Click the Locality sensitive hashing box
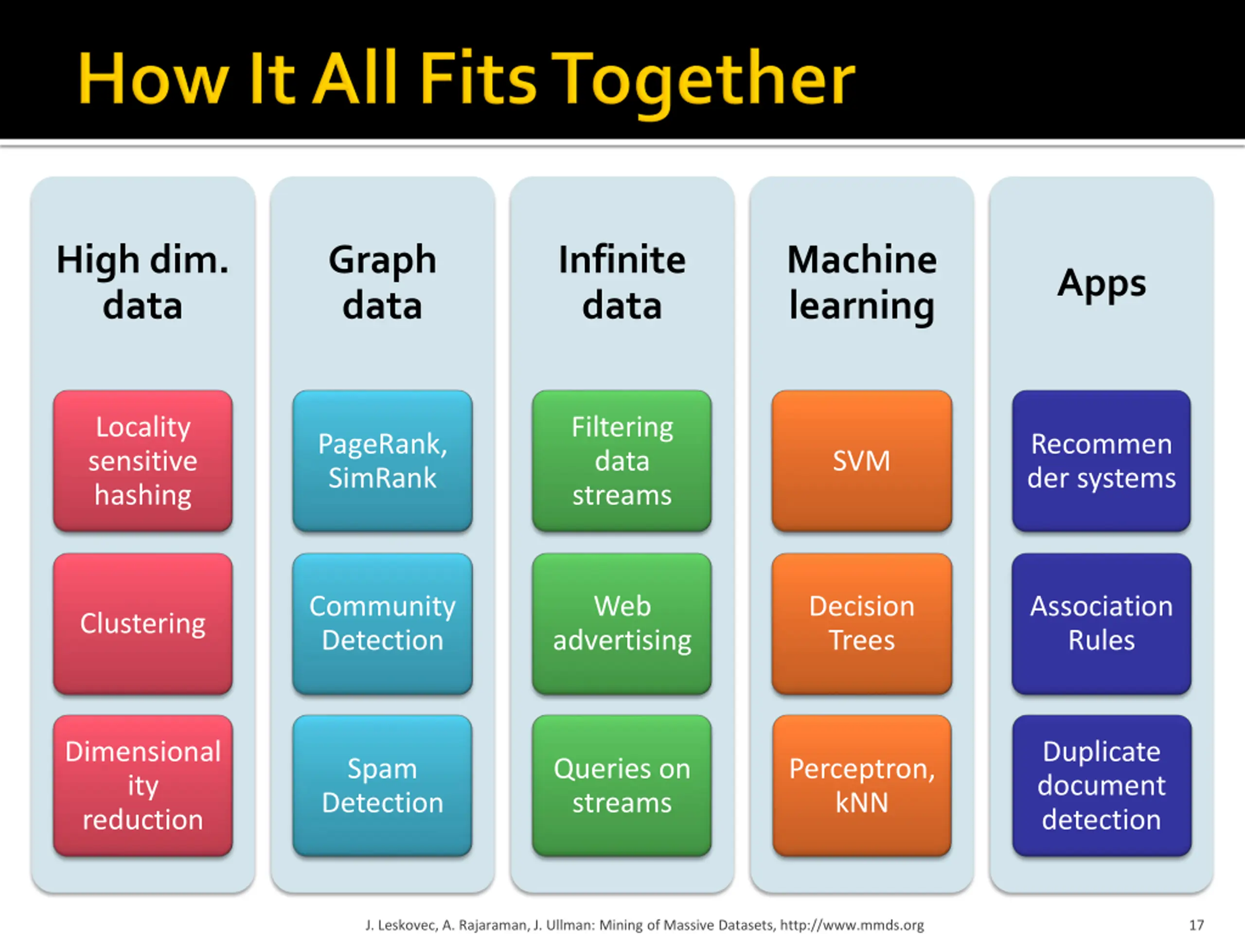(x=143, y=461)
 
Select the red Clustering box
(x=143, y=623)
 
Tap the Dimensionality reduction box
(x=143, y=785)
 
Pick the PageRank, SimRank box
(x=382, y=461)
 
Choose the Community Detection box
(x=382, y=623)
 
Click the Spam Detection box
(x=382, y=785)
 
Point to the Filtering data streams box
(x=622, y=461)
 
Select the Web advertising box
(x=622, y=623)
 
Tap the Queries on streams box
(x=622, y=785)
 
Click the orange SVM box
(x=862, y=461)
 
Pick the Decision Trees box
(x=862, y=623)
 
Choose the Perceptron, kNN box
(x=862, y=785)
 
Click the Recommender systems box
(x=1102, y=461)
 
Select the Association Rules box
(x=1102, y=623)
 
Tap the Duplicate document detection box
(x=1102, y=785)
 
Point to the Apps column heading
(x=1102, y=284)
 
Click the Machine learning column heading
(x=862, y=283)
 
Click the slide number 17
(x=1196, y=924)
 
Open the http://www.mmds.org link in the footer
(x=852, y=924)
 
